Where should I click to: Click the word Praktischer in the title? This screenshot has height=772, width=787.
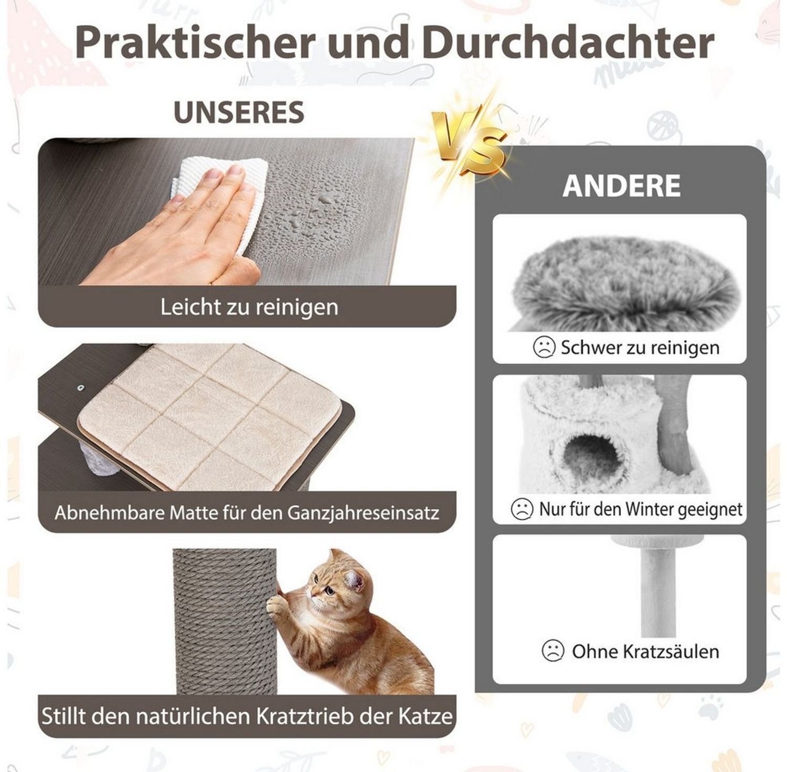(194, 43)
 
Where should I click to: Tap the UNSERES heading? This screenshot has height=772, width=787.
(239, 112)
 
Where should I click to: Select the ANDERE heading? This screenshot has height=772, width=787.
(622, 186)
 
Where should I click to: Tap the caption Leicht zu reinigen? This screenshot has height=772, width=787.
(249, 307)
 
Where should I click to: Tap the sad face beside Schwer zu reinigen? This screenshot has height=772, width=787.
(544, 347)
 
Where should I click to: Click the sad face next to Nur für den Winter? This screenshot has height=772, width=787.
(522, 509)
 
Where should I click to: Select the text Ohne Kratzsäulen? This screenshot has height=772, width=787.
(645, 652)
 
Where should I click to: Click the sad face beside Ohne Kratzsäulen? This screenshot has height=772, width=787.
(552, 651)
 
